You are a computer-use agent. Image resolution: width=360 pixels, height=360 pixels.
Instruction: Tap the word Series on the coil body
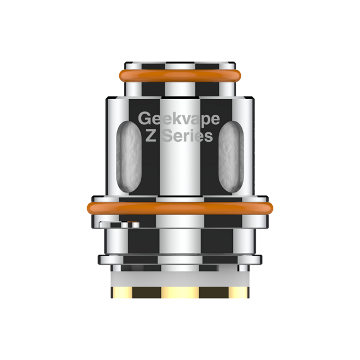[188, 136]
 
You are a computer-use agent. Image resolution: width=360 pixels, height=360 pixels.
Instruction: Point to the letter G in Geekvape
[145, 119]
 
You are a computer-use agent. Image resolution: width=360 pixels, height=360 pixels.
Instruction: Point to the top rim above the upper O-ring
[180, 63]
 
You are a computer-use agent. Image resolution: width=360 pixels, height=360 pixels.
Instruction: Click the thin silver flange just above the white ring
[180, 259]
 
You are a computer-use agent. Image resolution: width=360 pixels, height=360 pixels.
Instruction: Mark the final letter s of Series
[209, 137]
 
